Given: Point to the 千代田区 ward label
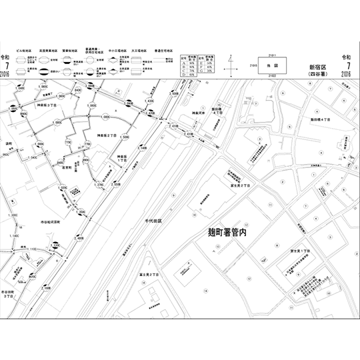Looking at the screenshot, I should tap(158, 219).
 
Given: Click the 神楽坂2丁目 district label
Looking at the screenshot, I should tap(107, 135).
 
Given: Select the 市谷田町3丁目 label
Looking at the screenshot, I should tap(11, 296).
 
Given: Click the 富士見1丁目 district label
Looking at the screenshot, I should tap(293, 251).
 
